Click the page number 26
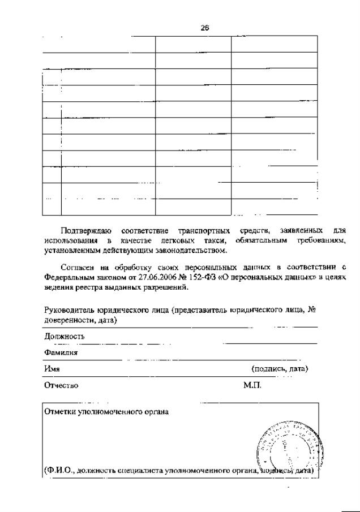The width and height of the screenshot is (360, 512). click(x=205, y=28)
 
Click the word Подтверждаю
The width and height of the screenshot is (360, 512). click(x=87, y=231)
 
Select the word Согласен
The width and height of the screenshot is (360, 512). click(x=81, y=267)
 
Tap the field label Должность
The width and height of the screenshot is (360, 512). click(x=65, y=337)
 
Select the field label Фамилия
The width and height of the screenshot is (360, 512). click(x=61, y=352)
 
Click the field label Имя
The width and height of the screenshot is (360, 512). click(x=52, y=369)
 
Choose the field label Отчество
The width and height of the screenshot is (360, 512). click(x=61, y=385)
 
